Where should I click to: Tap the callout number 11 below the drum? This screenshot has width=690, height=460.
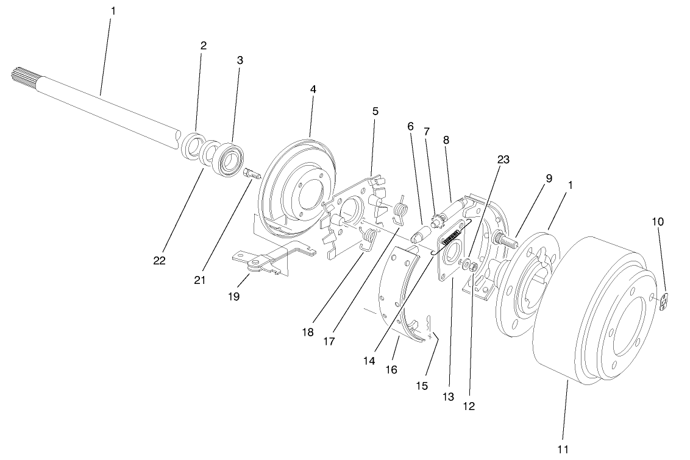(563, 449)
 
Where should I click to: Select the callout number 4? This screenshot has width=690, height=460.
(313, 89)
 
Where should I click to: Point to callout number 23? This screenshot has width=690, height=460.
(503, 159)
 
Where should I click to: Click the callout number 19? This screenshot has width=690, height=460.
(234, 296)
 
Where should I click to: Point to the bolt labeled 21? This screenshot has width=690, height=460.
(252, 174)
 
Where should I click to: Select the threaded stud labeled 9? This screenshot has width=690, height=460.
(507, 239)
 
